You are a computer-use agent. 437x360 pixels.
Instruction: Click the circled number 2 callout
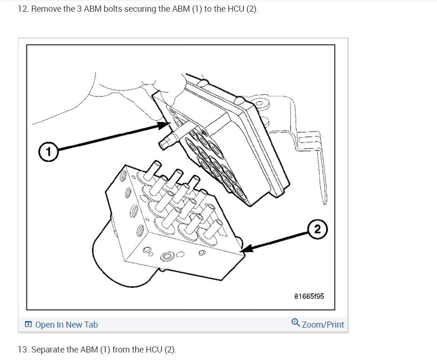(318, 229)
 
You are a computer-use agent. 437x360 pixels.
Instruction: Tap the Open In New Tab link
(66, 324)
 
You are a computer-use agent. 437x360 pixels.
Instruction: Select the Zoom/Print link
(323, 324)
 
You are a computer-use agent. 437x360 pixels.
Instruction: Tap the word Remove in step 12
(45, 9)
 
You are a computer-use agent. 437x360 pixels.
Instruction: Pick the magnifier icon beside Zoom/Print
(295, 323)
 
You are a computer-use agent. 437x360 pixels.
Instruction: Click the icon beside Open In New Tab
(29, 324)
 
